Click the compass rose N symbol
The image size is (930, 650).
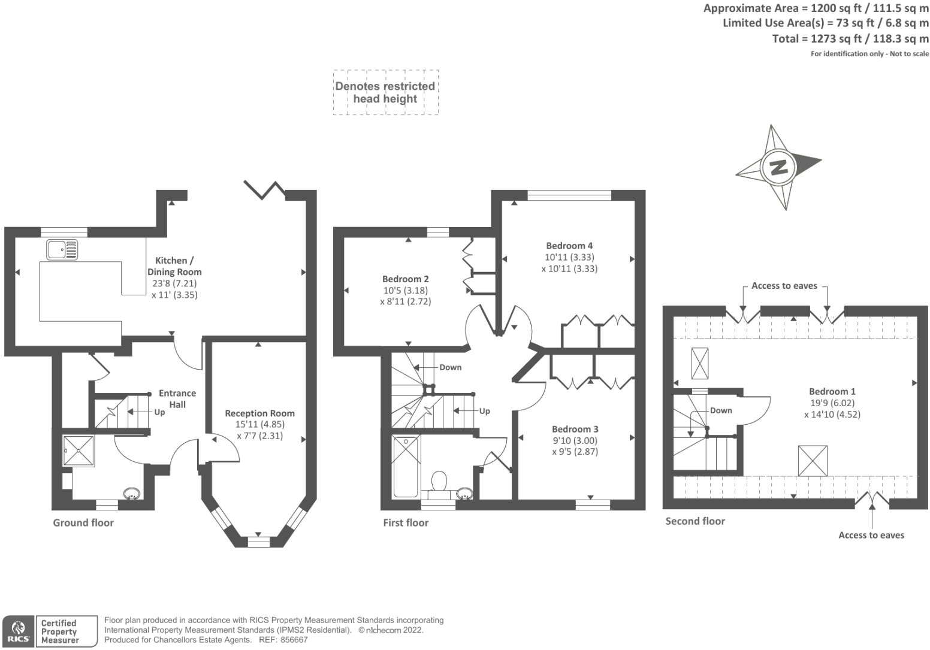point(778,167)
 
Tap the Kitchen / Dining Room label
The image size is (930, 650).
point(174,266)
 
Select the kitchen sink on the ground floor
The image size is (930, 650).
point(62,249)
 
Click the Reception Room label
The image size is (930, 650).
point(259,413)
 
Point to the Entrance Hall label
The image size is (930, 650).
point(177,398)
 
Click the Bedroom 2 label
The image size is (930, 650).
point(405,279)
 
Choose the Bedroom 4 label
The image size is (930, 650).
point(569,246)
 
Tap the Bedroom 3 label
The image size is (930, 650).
point(575,429)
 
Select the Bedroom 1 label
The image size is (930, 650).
point(832,391)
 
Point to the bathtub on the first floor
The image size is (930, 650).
point(406,466)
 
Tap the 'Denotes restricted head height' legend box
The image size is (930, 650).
point(385,92)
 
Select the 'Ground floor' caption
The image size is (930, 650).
point(83,522)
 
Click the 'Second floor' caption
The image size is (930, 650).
point(695,521)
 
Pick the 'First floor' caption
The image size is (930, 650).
point(406,522)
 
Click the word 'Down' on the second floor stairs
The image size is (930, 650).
point(721,410)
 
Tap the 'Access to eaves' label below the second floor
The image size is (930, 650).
point(871,535)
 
